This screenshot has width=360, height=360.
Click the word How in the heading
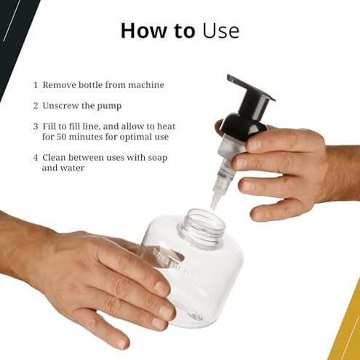[138, 31]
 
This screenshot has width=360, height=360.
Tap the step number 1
[35, 85]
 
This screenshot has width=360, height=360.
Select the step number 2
[35, 105]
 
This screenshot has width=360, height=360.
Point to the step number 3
[35, 127]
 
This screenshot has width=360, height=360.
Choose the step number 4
[35, 157]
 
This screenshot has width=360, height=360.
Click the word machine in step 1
[144, 85]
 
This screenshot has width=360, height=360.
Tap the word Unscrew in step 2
[61, 105]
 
